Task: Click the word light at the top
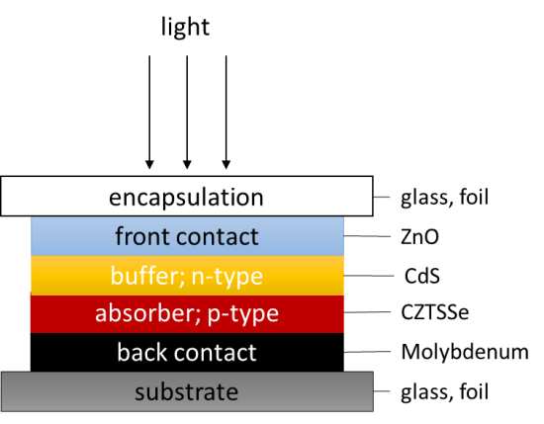coord(185,28)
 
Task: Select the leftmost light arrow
coord(149,113)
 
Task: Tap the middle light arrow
coord(187,113)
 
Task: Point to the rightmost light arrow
coord(227,113)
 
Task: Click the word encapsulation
coord(186,198)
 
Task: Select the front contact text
coord(187,237)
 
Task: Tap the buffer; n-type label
coord(187,277)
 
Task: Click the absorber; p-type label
coord(187,313)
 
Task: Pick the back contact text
coord(187,352)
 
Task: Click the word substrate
coord(187,392)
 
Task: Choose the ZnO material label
coord(419,237)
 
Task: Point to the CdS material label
coord(422,276)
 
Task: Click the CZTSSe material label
coord(435,312)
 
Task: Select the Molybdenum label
coord(465,352)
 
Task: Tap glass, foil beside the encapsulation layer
coord(445,198)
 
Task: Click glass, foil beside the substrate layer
coord(445,392)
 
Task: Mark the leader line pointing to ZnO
coord(367,236)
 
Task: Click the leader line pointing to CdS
coord(369,276)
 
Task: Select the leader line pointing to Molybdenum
coord(367,352)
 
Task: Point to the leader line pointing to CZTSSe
coord(367,312)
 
